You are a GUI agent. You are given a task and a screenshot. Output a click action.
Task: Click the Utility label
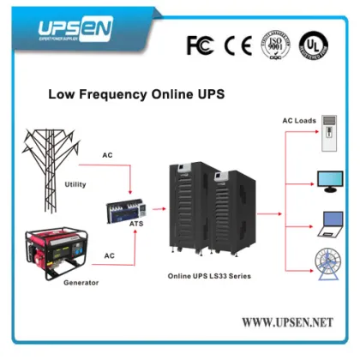pyautogui.click(x=75, y=184)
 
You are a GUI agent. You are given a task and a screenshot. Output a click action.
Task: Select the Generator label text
pyautogui.click(x=81, y=282)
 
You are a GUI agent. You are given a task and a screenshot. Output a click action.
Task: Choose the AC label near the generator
pyautogui.click(x=110, y=255)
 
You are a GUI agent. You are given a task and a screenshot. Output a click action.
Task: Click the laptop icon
pyautogui.click(x=331, y=223)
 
